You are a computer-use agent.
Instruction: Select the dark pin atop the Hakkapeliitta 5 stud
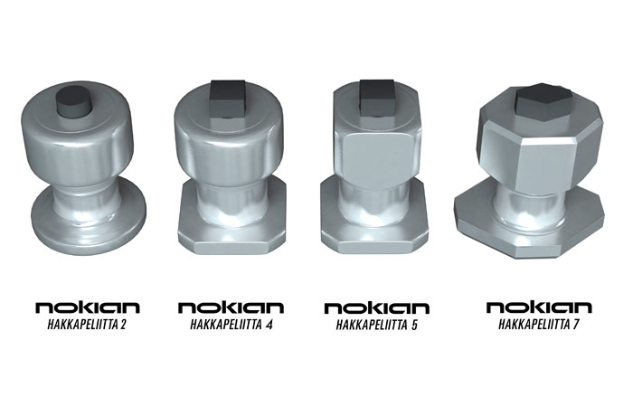point(377,99)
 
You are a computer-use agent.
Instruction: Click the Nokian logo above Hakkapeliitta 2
point(88,307)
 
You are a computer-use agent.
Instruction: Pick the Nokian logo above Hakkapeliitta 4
point(231,307)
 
